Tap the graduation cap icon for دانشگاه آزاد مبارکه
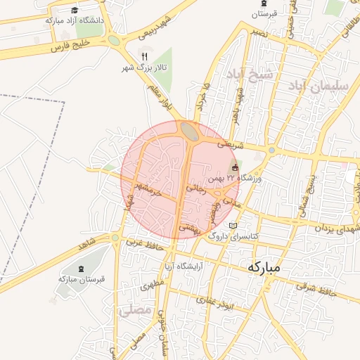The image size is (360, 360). (x=75, y=10)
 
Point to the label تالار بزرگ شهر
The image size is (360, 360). (x=135, y=67)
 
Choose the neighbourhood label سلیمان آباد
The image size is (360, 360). (x=315, y=85)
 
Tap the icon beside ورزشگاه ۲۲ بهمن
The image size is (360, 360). (x=235, y=167)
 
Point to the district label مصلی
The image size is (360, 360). (x=135, y=309)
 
